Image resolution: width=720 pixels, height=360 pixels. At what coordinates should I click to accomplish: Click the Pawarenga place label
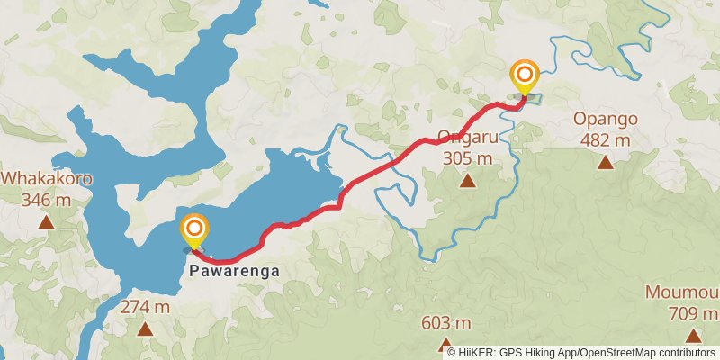point(235,270)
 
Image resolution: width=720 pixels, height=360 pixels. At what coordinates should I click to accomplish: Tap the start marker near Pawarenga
point(193,230)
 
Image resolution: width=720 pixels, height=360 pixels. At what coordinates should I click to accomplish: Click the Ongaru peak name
point(467,139)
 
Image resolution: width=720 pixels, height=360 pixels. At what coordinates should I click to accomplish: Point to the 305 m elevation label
point(467,158)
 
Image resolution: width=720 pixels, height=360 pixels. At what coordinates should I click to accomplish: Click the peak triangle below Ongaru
point(467,181)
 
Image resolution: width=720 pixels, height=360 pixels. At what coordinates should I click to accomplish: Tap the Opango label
point(606,120)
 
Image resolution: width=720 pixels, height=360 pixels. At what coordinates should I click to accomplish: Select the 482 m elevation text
point(606,139)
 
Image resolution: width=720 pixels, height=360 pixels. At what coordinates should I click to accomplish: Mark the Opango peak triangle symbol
point(606,162)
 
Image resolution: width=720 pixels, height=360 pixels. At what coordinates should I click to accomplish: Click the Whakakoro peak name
point(46,178)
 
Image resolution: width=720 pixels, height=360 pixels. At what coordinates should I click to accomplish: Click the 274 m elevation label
point(145,307)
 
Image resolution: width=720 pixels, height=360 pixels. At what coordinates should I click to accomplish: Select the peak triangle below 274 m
point(145,328)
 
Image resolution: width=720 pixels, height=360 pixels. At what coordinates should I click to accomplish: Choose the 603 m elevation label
point(446,323)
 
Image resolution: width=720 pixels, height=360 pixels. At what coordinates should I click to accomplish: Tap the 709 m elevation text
point(693,314)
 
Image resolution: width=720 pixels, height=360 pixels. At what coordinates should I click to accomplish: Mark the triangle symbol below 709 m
point(693,336)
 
